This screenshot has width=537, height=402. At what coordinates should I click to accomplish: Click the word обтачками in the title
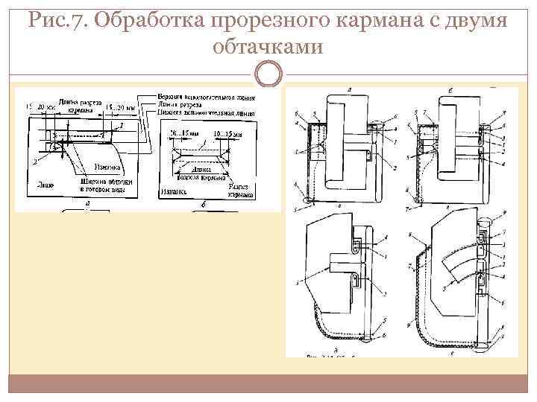coord(268,48)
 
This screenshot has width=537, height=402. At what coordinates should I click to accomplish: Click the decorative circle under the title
coord(268,74)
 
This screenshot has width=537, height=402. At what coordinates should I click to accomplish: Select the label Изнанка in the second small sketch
coord(171,191)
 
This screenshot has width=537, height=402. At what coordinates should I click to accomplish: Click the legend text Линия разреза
coord(183,105)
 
